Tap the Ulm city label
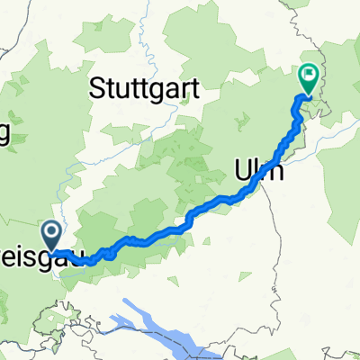pyautogui.click(x=259, y=168)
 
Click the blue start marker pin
pyautogui.click(x=51, y=236)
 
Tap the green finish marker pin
pyautogui.click(x=309, y=80)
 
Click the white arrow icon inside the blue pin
pyautogui.click(x=51, y=233)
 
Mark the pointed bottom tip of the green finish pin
pyautogui.click(x=309, y=96)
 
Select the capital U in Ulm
pyautogui.click(x=243, y=168)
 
